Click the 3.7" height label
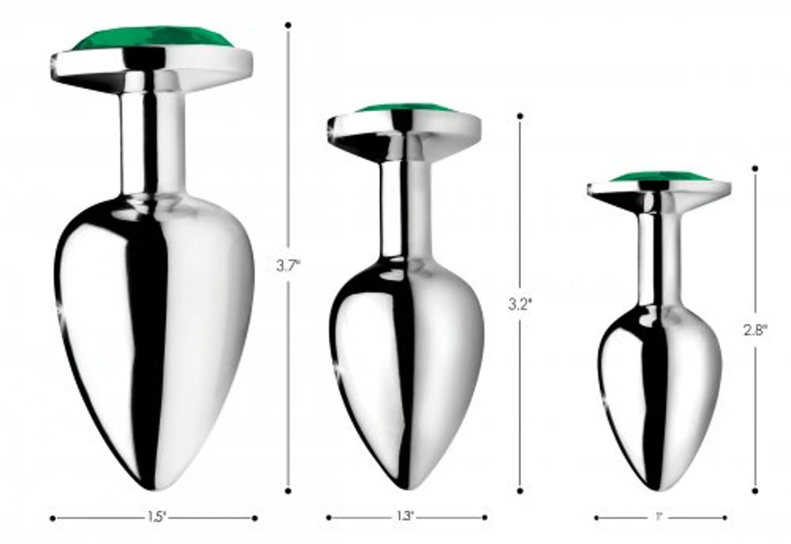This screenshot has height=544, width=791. (x=288, y=267)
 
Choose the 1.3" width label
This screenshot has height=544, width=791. (x=406, y=517)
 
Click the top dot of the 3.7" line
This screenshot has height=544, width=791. (x=288, y=25)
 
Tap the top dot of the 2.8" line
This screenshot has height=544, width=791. (x=755, y=168)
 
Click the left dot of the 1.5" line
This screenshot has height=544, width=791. (x=53, y=517)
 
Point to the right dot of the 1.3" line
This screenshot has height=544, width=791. (x=484, y=517)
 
